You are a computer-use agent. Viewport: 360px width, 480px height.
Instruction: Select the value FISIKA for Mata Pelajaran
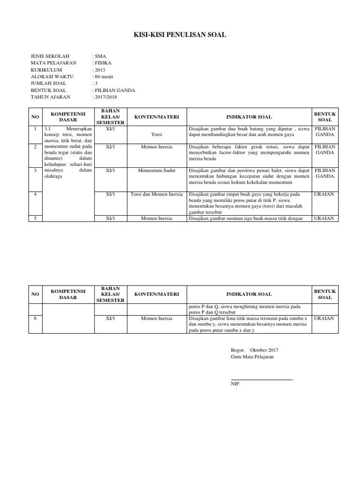click(x=103, y=63)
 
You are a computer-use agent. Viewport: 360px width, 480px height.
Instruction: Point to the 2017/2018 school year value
click(x=105, y=97)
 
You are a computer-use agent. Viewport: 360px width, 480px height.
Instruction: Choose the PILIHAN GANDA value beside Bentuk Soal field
click(x=114, y=90)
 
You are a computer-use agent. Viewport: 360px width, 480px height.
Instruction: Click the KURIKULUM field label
click(x=46, y=70)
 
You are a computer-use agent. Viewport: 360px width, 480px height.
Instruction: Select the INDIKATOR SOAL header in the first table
click(x=248, y=117)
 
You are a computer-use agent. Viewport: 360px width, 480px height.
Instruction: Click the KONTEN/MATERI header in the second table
click(x=157, y=294)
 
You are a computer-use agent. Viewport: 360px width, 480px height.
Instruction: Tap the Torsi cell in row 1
click(x=157, y=134)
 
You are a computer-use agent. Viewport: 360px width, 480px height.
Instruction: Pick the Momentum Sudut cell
click(x=157, y=171)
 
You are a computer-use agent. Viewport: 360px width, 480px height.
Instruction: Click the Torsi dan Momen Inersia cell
click(x=157, y=194)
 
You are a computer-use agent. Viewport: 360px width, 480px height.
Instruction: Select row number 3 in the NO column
click(x=35, y=171)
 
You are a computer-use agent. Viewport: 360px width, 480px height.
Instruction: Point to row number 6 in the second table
click(x=35, y=318)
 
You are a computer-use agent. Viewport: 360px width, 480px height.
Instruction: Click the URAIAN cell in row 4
click(x=324, y=194)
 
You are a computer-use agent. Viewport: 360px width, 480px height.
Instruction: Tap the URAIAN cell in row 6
click(x=324, y=318)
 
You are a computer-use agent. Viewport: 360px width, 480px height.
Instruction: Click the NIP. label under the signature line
click(x=235, y=383)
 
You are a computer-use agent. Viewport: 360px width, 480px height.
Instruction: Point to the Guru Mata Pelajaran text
click(x=252, y=357)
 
